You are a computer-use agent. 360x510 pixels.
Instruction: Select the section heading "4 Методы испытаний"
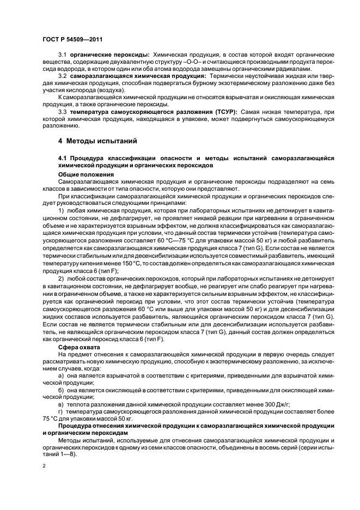[x=94, y=141]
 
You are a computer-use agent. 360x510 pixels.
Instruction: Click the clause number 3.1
[x=62, y=56]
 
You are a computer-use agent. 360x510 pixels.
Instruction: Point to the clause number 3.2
[x=62, y=77]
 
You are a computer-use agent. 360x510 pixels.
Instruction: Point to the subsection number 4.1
[x=62, y=158]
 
